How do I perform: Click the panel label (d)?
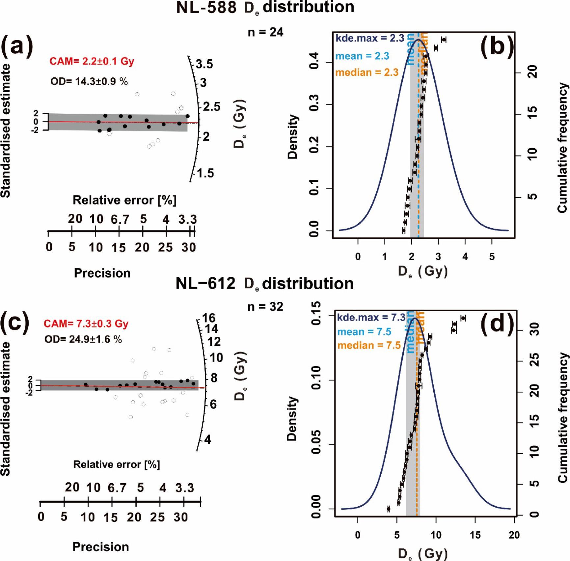point(497,324)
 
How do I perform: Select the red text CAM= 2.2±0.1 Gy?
point(92,61)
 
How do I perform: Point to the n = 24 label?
point(265,32)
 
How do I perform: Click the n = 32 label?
point(265,307)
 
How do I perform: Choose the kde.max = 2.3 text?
point(369,39)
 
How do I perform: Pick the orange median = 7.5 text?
point(369,345)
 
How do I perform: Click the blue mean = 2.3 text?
point(362,56)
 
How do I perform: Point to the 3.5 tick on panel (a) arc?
point(204,64)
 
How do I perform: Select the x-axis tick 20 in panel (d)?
point(514,535)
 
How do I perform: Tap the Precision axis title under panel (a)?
point(102,273)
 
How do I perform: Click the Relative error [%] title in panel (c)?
point(117,464)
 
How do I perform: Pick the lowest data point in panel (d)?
point(388,509)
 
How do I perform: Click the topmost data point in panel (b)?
point(444,40)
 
